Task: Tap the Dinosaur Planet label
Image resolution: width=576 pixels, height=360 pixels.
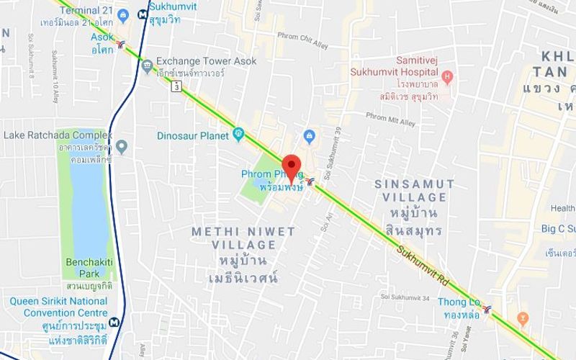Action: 193,135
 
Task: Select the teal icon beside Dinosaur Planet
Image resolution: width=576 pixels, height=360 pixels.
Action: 239,135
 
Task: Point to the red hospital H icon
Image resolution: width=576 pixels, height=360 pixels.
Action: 447,76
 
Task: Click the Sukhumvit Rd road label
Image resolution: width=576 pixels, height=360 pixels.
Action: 426,264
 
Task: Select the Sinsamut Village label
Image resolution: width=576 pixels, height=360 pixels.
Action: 415,190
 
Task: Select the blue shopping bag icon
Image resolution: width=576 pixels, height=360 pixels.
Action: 310,135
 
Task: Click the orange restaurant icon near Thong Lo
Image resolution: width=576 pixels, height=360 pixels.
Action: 523,317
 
